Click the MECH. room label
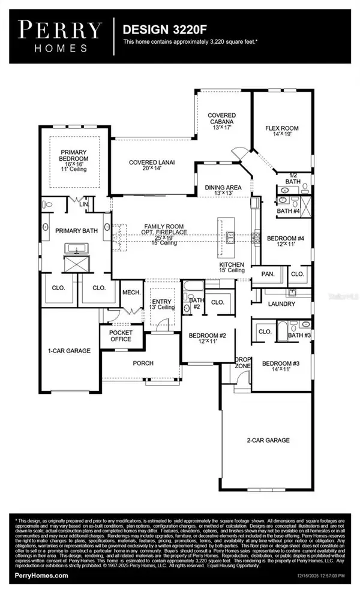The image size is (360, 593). pyautogui.click(x=131, y=292)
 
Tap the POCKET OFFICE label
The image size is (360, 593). pyautogui.click(x=120, y=336)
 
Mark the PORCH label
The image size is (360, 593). pyautogui.click(x=143, y=363)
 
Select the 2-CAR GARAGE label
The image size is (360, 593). pyautogui.click(x=268, y=440)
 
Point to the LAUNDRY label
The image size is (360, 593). pyautogui.click(x=281, y=304)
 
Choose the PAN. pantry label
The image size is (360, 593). pyautogui.click(x=268, y=274)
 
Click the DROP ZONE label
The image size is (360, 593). pyautogui.click(x=242, y=362)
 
